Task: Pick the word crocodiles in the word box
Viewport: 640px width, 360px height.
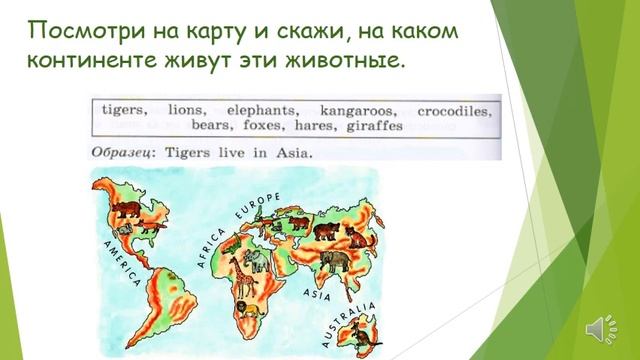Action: (454, 110)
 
